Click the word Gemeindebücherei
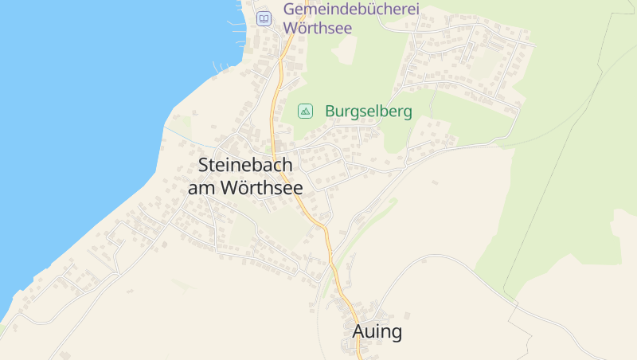(351, 10)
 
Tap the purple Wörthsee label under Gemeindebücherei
(317, 27)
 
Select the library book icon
(263, 18)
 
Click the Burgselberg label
(369, 112)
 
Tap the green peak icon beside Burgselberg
(305, 112)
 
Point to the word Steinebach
(245, 166)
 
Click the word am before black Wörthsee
(202, 189)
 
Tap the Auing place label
(377, 332)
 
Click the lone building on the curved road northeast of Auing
(435, 182)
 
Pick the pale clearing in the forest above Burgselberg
(347, 49)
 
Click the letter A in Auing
(359, 332)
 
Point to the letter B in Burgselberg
(330, 112)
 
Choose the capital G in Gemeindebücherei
(290, 10)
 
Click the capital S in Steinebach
(203, 166)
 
